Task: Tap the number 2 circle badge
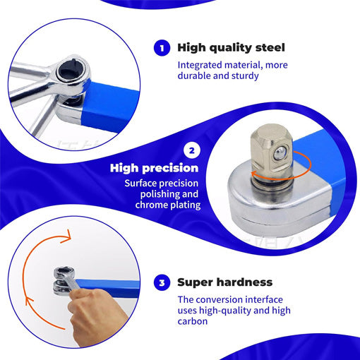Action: pyautogui.click(x=191, y=150)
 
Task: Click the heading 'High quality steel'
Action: pyautogui.click(x=232, y=48)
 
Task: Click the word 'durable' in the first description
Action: pyautogui.click(x=193, y=76)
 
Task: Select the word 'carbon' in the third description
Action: pyautogui.click(x=193, y=321)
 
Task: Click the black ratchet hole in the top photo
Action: pyautogui.click(x=69, y=68)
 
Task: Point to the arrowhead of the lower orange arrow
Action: pyautogui.click(x=29, y=301)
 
